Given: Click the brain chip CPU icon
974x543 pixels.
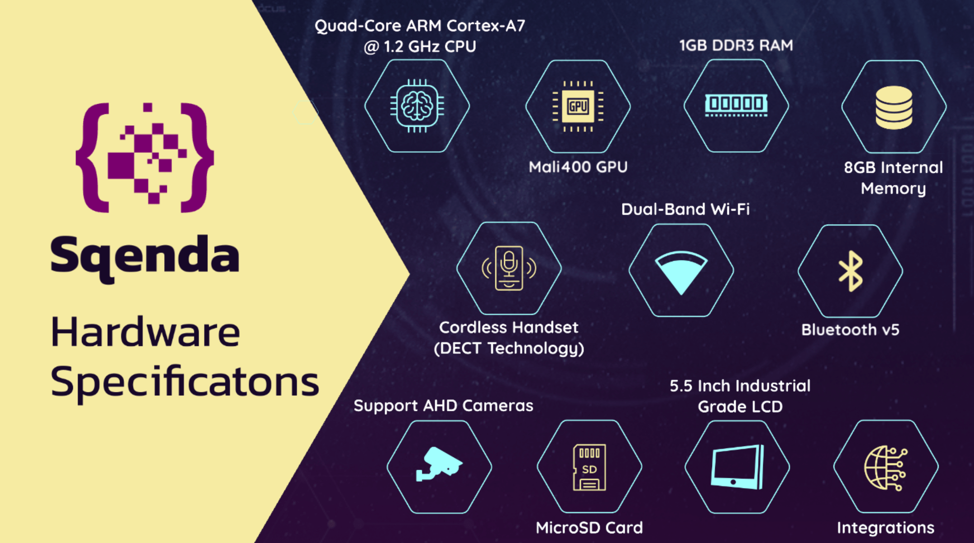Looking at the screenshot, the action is (417, 106).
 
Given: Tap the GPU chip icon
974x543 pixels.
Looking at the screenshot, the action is (578, 106).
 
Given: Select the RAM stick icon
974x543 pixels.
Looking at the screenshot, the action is (736, 105).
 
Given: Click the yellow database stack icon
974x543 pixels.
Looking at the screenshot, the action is (894, 107).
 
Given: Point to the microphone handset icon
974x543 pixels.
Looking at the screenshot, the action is (509, 268).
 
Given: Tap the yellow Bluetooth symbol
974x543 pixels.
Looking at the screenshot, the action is (850, 271).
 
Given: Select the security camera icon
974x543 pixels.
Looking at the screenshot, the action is (439, 465).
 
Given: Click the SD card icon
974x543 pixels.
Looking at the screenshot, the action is (589, 467).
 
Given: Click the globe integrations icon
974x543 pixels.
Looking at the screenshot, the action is (886, 468).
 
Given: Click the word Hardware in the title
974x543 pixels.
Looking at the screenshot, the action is (145, 332).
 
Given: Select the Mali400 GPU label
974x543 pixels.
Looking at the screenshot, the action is (578, 167).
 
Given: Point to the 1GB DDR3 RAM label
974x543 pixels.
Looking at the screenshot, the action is (736, 45).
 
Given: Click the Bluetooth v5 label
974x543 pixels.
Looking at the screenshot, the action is (850, 330).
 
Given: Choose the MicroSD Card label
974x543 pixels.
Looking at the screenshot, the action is (589, 528).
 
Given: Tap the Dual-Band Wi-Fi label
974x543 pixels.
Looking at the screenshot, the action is (685, 209).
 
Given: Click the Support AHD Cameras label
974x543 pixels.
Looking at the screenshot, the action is (443, 406).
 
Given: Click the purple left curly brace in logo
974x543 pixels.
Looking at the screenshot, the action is (92, 157).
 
